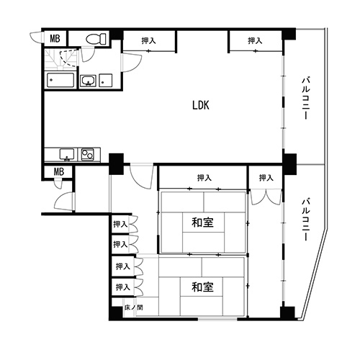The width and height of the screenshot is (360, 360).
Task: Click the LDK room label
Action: point(201,105)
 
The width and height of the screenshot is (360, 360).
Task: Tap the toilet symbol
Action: point(96,39)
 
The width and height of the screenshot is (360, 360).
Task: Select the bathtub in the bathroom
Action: point(60,80)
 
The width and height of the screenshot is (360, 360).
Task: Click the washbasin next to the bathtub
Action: point(88,81)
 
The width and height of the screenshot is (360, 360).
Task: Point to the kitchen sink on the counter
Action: point(67,154)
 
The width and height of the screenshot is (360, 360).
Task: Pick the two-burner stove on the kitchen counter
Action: point(87,154)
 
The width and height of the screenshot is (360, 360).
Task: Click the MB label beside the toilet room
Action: point(55,38)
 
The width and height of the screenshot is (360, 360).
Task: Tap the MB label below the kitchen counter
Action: point(59,171)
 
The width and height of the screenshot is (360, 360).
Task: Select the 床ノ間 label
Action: point(134,307)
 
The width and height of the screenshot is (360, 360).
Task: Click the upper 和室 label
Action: point(203,222)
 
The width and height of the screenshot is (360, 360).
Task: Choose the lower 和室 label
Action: point(203,287)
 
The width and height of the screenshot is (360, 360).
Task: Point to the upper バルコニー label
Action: point(306,98)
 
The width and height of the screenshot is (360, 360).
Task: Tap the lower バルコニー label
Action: point(306,219)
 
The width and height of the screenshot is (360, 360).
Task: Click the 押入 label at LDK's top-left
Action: point(148,41)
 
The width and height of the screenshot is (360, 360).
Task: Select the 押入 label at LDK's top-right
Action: point(255,41)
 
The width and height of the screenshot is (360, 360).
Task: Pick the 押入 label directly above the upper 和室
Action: point(204,178)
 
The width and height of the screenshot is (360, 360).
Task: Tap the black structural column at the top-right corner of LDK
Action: point(289,34)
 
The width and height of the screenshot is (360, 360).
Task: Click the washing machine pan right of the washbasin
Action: point(106,81)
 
